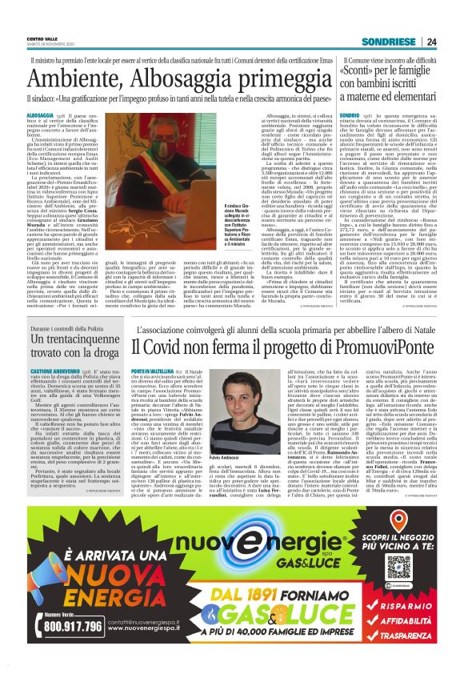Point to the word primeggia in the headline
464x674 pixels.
pyautogui.click(x=256, y=75)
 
